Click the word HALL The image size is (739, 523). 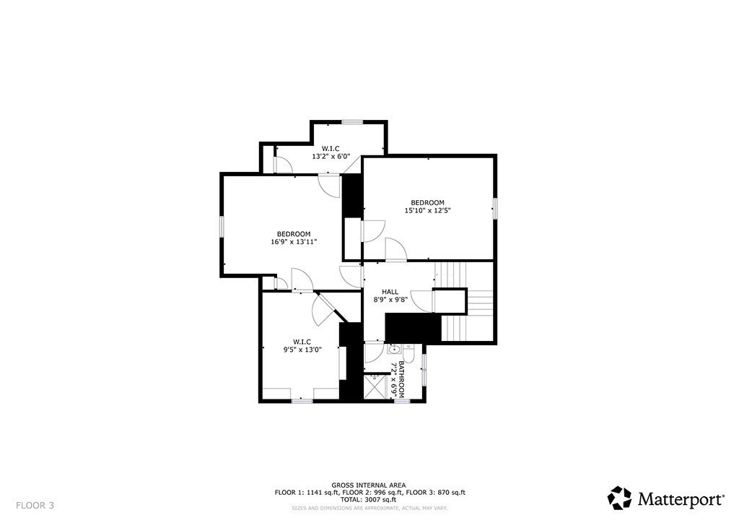[x=390, y=292]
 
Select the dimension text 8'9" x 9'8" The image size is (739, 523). [x=390, y=300]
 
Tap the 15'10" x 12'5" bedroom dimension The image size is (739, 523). [x=428, y=211]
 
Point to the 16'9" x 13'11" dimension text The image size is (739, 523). [x=294, y=242]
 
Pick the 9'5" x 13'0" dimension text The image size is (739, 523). [x=302, y=350]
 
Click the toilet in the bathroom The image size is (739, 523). [x=408, y=354]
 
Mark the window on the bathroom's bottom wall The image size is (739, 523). [x=402, y=401]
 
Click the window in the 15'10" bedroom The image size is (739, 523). [x=495, y=208]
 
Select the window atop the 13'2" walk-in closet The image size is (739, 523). [x=352, y=121]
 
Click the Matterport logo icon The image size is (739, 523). [x=620, y=498]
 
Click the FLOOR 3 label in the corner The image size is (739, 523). [x=35, y=505]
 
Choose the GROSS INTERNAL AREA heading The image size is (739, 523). [x=369, y=485]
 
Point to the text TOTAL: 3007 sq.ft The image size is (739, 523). [x=369, y=500]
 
